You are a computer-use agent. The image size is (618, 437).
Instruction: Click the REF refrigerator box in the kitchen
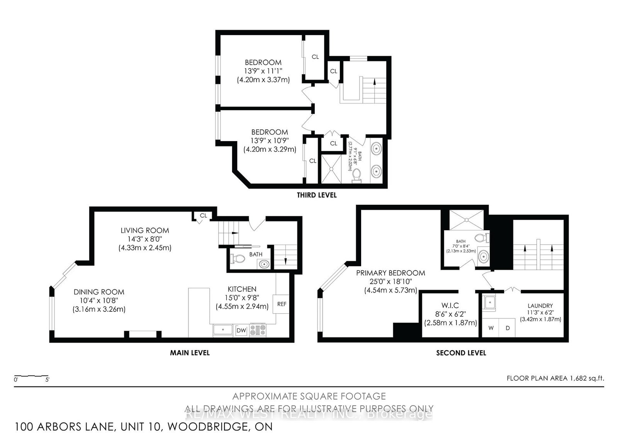tap(282, 304)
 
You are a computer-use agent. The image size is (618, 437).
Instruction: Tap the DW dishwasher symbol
tap(241, 330)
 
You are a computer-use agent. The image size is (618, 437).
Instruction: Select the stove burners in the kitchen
tap(258, 330)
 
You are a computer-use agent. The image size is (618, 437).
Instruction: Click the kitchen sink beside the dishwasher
tap(223, 330)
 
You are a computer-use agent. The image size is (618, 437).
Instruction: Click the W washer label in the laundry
tap(491, 328)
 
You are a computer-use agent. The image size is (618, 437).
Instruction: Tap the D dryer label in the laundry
tap(508, 328)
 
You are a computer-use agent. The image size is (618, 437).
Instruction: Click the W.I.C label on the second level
tap(450, 305)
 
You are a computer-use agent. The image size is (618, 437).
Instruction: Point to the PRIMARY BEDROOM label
tap(390, 273)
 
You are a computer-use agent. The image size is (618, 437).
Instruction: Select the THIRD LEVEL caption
tap(316, 195)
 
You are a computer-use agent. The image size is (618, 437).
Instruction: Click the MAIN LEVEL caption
tap(190, 352)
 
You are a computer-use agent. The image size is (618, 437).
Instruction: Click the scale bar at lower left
tap(31, 376)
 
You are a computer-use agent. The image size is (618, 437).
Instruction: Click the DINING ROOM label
tap(99, 292)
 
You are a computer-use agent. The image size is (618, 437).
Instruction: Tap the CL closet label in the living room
tap(203, 216)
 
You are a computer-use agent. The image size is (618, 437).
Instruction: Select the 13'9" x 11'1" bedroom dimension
tap(263, 71)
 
